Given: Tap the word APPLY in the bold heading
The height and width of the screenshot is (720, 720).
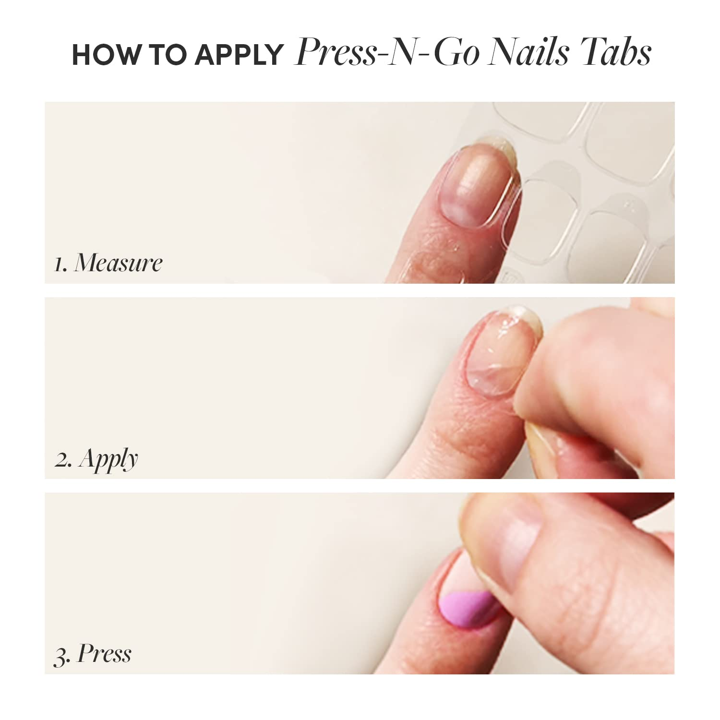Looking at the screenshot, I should [x=239, y=55].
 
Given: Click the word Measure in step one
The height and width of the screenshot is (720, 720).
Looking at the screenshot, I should [x=118, y=263].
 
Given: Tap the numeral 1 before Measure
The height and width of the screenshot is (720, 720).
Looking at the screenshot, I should [x=59, y=264].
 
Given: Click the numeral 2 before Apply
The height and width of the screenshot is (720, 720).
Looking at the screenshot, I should [x=63, y=460].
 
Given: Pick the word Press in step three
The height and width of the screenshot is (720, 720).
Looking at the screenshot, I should [x=104, y=654].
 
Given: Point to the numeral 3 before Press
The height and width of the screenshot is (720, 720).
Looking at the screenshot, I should [x=61, y=656].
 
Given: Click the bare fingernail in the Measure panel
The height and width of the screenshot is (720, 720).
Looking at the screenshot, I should [x=475, y=187].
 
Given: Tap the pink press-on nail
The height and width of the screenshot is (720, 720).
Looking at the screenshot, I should [x=468, y=610].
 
